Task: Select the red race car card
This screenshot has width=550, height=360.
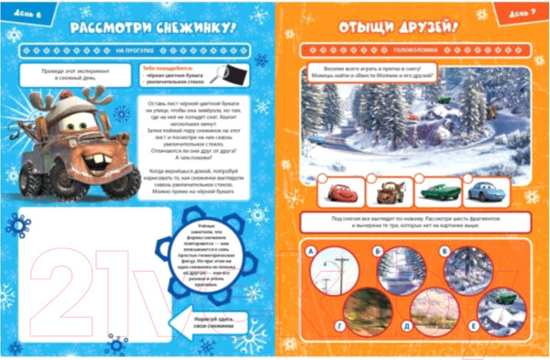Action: [339, 193]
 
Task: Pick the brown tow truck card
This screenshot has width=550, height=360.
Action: [388, 193]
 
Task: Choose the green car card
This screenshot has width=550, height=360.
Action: [435, 193]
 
